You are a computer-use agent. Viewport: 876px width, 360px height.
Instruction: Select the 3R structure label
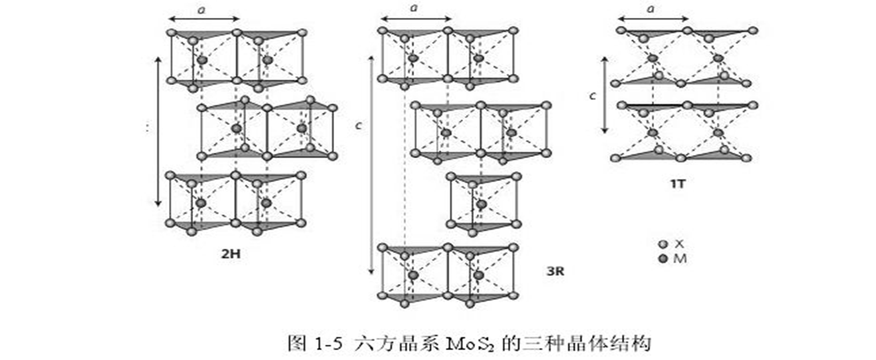coord(554,272)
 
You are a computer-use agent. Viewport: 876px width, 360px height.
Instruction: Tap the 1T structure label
coord(678,183)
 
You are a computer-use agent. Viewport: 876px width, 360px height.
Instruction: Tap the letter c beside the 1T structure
coord(593,96)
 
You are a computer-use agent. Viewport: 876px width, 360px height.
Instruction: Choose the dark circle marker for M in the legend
coord(663,258)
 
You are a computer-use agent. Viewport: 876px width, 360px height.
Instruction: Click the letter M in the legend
coord(680,258)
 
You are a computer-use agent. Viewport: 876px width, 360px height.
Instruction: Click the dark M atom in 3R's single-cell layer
coord(480,204)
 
